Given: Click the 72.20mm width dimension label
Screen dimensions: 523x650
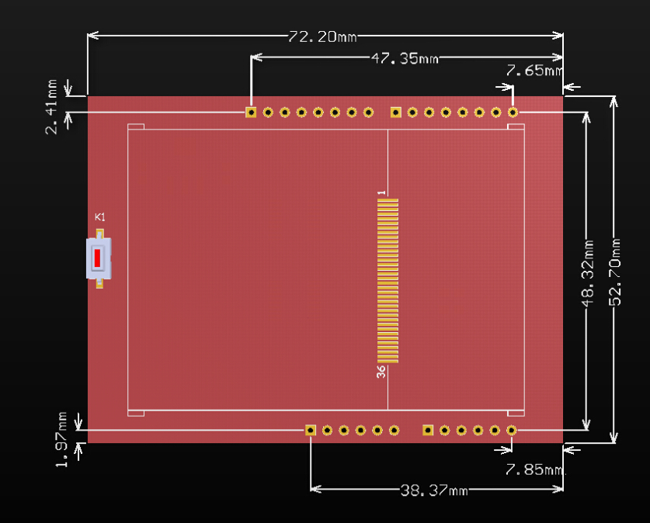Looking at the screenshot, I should [x=322, y=36].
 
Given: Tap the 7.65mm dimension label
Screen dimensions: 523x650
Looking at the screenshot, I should [x=534, y=71].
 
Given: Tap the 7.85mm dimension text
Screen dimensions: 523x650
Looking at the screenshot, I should [x=534, y=469].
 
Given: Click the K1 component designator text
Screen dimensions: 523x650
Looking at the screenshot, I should [x=99, y=216].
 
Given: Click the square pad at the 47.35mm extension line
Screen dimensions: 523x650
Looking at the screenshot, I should [x=251, y=113].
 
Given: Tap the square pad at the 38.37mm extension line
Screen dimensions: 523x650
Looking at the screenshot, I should [x=311, y=430].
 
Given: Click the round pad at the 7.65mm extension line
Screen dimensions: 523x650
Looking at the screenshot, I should [x=513, y=113].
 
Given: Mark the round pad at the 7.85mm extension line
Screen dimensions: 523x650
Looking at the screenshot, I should [x=512, y=430].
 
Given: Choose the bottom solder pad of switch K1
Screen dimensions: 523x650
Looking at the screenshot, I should [x=99, y=283].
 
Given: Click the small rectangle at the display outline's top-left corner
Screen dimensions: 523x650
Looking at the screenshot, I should [x=136, y=126].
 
